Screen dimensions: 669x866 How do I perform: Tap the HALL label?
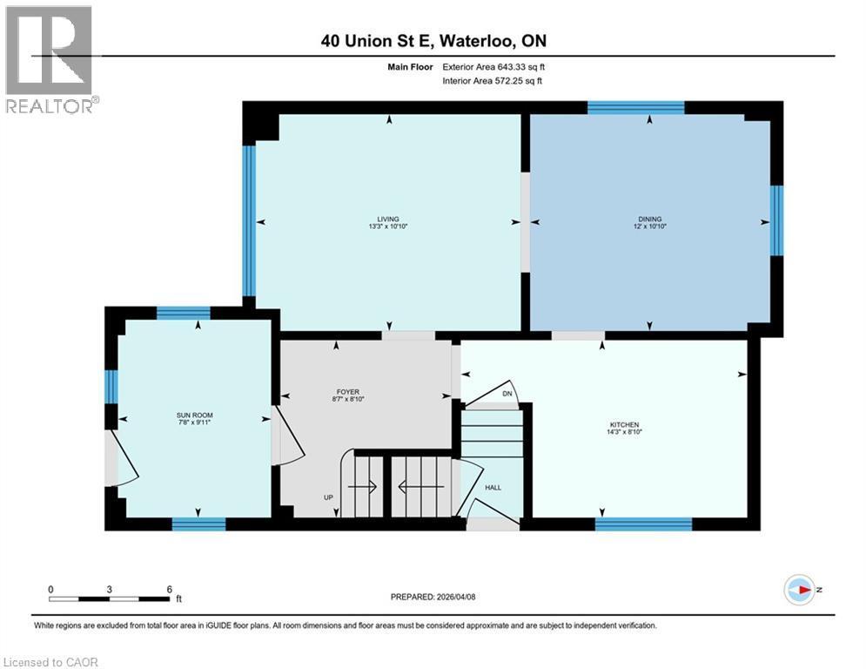tap(493, 489)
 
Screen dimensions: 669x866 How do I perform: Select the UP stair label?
tap(328, 498)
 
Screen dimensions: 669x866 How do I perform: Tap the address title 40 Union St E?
tap(433, 40)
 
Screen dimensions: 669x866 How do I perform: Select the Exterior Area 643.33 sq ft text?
tap(493, 66)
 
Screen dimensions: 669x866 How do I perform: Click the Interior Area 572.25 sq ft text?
tap(493, 81)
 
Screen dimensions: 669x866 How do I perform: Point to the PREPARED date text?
tap(432, 597)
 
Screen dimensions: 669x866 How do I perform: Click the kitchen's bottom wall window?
tap(643, 524)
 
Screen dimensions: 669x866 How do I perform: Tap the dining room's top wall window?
tap(635, 108)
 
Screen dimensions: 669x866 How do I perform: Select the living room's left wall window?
tap(248, 220)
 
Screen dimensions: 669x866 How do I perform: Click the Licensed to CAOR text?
tap(50, 662)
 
